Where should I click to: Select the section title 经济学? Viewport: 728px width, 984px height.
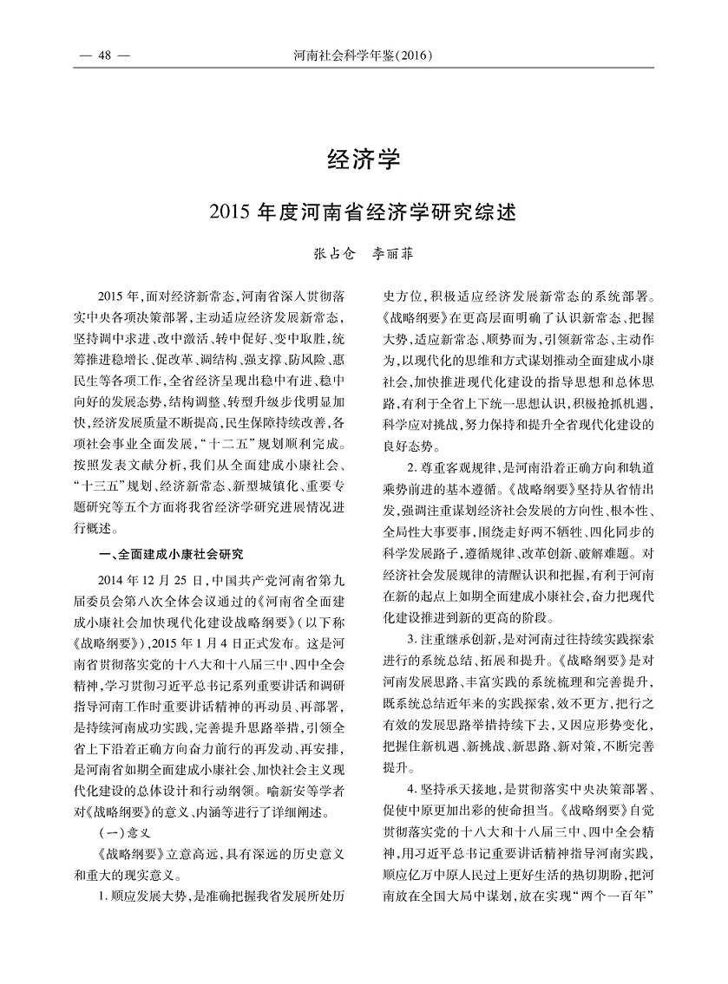coord(364,160)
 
